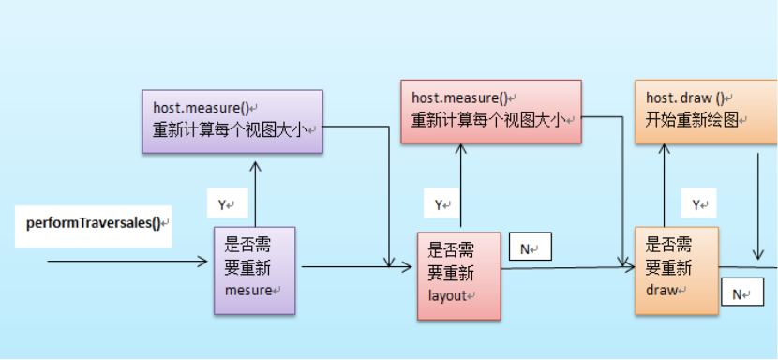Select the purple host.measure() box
click(232, 121)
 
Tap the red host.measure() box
click(490, 112)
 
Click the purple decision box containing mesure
click(254, 270)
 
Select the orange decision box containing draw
click(676, 269)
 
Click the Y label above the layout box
click(441, 204)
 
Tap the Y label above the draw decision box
click(697, 204)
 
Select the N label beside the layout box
click(530, 248)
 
